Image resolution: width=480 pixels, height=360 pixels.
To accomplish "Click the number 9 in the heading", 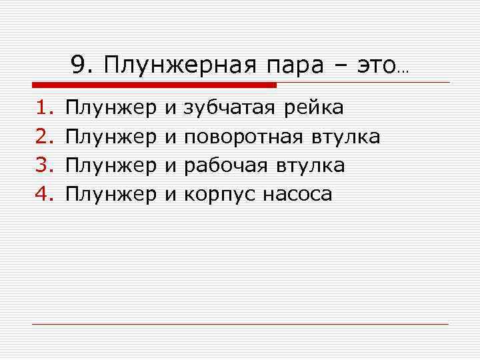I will (x=79, y=65).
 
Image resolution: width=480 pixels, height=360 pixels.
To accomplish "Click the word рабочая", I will (x=225, y=165).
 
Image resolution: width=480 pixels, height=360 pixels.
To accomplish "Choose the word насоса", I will (x=297, y=194).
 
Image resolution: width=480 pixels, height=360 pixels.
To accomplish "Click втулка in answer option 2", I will (x=345, y=137).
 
